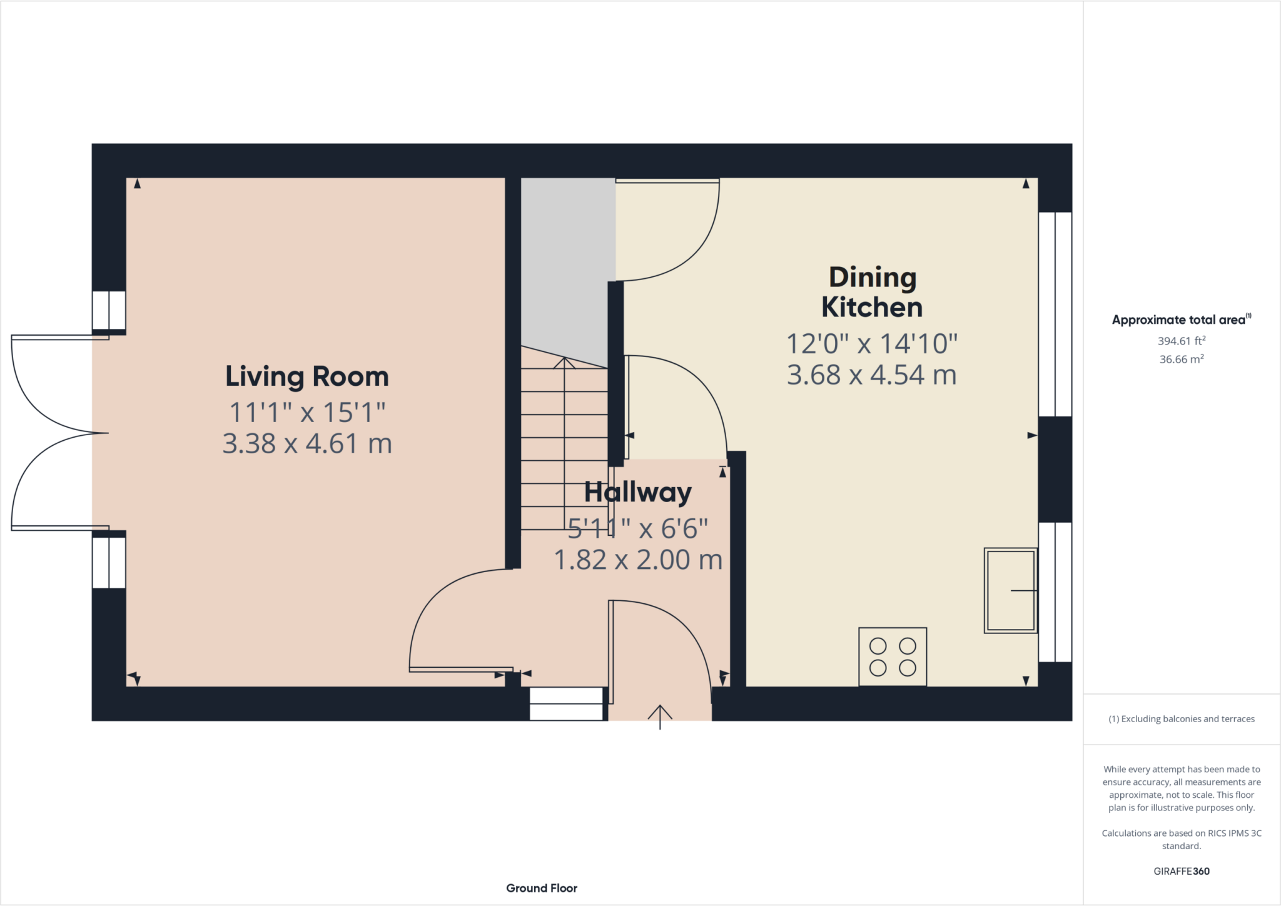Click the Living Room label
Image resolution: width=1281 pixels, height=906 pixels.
pyautogui.click(x=307, y=376)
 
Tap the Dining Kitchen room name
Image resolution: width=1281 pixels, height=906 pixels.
pyautogui.click(x=872, y=293)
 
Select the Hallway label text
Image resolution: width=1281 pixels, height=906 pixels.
pyautogui.click(x=638, y=493)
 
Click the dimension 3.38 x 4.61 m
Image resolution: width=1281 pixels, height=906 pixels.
pyautogui.click(x=307, y=443)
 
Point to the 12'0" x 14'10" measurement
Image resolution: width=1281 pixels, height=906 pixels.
pyautogui.click(x=872, y=343)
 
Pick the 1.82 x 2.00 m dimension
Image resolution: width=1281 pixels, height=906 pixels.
pyautogui.click(x=638, y=560)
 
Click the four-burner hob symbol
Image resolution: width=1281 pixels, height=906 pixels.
pyautogui.click(x=893, y=657)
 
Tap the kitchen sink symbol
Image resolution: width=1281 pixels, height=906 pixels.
pyautogui.click(x=1011, y=590)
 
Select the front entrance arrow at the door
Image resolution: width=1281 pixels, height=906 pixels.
pyautogui.click(x=660, y=717)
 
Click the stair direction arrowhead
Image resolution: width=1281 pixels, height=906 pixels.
pyautogui.click(x=564, y=363)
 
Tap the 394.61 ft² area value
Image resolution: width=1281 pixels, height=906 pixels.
pyautogui.click(x=1182, y=341)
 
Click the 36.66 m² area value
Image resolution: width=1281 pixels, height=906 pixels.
pyautogui.click(x=1182, y=359)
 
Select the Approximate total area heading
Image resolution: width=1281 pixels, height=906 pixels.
pyautogui.click(x=1182, y=320)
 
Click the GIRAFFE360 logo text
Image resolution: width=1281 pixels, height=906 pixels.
pyautogui.click(x=1182, y=871)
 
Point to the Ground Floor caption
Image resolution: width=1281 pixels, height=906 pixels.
pyautogui.click(x=542, y=888)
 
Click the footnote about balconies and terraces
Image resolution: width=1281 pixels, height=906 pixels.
pyautogui.click(x=1182, y=719)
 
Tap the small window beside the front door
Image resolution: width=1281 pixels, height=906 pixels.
pyautogui.click(x=566, y=704)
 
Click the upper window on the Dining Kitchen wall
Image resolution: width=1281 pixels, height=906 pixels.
pyautogui.click(x=1055, y=314)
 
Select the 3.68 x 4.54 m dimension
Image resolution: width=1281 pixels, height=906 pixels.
pyautogui.click(x=872, y=375)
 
